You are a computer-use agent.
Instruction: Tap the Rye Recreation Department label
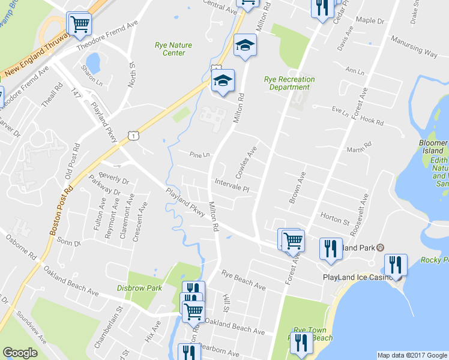[x=289, y=83]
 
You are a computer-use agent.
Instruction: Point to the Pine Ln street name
[x=199, y=154]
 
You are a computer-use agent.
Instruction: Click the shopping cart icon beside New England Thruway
[x=79, y=24]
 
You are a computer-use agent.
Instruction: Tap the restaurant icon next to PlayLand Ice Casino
[x=395, y=265]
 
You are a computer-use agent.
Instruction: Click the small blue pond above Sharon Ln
[x=93, y=62]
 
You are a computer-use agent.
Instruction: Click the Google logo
[x=20, y=353]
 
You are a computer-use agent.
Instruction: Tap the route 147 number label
[x=76, y=94]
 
